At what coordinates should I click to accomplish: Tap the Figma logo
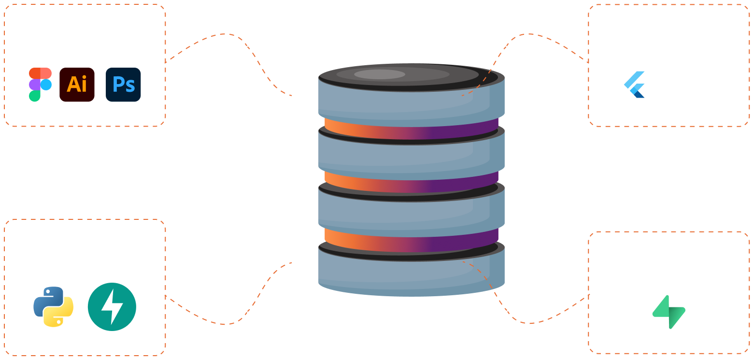point(40,85)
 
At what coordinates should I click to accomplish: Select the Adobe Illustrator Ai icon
point(77,85)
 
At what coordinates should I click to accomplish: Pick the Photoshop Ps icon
point(123,85)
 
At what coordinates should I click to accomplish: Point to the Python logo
point(53,307)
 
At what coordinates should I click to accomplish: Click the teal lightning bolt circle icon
point(112,307)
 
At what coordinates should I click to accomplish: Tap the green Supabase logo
point(669,312)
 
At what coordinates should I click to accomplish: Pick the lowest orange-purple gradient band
point(411,242)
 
